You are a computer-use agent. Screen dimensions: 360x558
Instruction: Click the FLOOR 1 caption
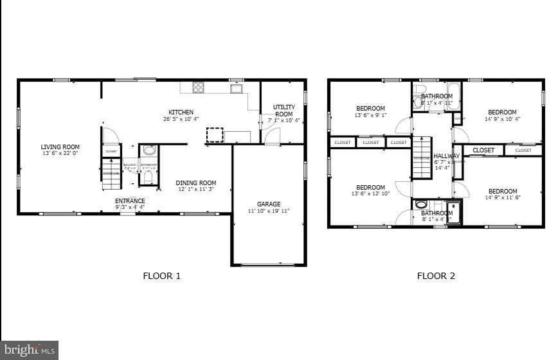click(x=161, y=276)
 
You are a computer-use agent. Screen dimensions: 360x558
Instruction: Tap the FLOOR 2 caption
click(x=436, y=276)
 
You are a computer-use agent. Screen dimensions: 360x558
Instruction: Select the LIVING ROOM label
click(x=60, y=147)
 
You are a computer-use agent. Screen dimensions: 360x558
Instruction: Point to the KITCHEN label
click(x=181, y=112)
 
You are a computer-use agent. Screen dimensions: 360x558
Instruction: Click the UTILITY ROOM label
click(x=283, y=111)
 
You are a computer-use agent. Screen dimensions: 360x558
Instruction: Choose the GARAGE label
click(x=269, y=204)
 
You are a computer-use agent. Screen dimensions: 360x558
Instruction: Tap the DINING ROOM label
click(x=196, y=183)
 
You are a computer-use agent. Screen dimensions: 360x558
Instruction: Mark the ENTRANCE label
click(x=130, y=201)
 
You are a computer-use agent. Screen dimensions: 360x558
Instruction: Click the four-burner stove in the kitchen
click(x=199, y=87)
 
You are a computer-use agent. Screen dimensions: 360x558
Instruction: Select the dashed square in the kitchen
click(x=214, y=135)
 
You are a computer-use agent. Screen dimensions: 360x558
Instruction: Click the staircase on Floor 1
click(x=111, y=174)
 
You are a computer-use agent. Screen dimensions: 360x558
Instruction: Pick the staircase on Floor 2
click(x=421, y=158)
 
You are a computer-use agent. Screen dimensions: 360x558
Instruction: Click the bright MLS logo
click(x=29, y=350)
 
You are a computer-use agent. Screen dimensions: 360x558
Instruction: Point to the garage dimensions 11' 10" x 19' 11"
click(x=269, y=211)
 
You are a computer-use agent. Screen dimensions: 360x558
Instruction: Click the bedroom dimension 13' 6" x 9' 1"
click(x=370, y=115)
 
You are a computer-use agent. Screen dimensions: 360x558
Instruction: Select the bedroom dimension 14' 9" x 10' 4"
click(x=502, y=119)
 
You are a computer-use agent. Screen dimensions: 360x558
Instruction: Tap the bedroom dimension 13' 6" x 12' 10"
click(x=371, y=194)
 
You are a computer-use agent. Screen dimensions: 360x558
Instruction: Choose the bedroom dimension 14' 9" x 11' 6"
click(x=502, y=197)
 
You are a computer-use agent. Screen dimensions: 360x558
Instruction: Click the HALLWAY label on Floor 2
click(x=446, y=156)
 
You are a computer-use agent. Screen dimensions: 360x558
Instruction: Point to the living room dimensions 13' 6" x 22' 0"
click(x=60, y=153)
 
